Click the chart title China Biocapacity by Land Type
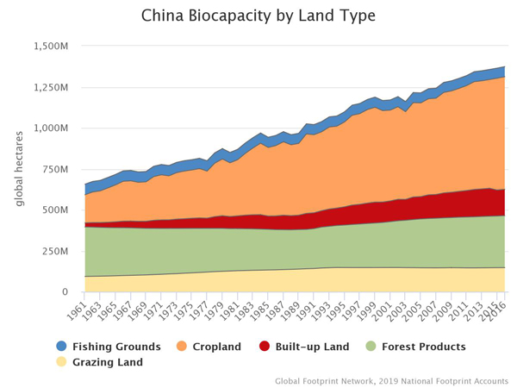pos(258,16)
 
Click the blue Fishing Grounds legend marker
pos(61,347)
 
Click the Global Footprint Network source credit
pos(392,379)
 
